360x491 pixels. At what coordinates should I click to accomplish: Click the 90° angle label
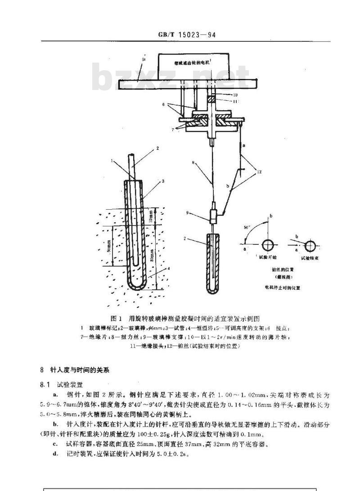(x=247, y=228)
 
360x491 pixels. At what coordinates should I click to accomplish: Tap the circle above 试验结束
(x=310, y=246)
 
